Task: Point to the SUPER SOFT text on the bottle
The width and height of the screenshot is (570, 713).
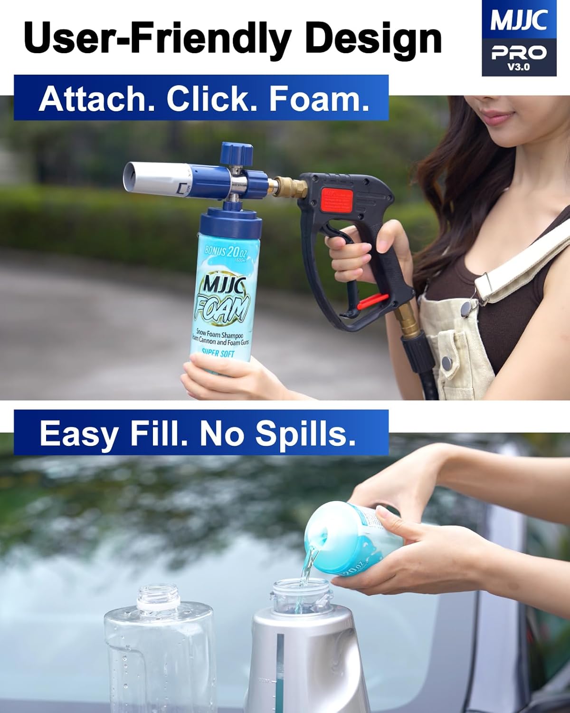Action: coord(218,353)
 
